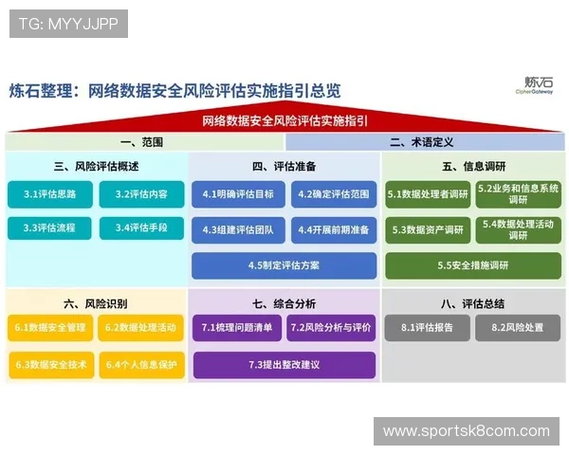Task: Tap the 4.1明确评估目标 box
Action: click(237, 194)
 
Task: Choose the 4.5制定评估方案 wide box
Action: click(284, 265)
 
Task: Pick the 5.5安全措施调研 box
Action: click(473, 265)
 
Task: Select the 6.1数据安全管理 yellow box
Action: click(50, 329)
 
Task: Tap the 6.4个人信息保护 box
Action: click(141, 364)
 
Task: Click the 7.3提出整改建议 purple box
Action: click(284, 364)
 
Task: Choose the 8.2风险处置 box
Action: click(518, 329)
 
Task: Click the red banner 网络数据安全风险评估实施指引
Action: click(284, 121)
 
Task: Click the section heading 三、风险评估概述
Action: click(96, 166)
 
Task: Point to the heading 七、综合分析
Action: click(284, 303)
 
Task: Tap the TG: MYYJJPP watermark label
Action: click(68, 24)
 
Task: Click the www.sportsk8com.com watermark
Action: click(466, 431)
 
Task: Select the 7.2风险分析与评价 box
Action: click(331, 329)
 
